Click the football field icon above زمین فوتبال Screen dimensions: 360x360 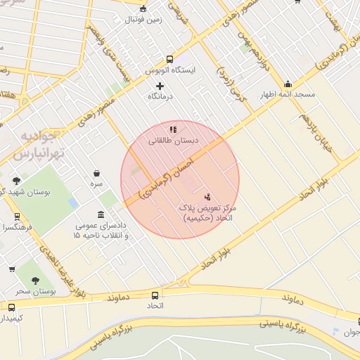click(x=144, y=8)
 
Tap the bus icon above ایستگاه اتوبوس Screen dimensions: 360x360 click(x=169, y=60)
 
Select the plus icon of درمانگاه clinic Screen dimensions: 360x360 click(x=160, y=86)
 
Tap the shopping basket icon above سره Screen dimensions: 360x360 click(x=96, y=173)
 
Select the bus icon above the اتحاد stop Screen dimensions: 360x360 click(x=155, y=295)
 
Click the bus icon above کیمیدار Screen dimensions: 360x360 click(x=11, y=307)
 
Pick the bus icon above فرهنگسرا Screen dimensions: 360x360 click(x=17, y=217)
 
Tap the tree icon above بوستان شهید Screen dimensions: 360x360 click(x=17, y=181)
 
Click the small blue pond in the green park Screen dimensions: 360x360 click(x=73, y=202)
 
